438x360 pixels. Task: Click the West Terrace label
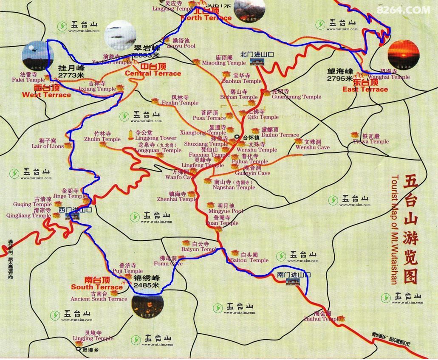tap(46, 95)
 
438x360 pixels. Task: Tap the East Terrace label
tap(365, 89)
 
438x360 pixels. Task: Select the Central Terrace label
tap(153, 73)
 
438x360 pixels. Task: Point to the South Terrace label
tap(97, 287)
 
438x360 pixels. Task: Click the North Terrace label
tap(206, 18)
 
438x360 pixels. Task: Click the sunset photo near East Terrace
tap(403, 54)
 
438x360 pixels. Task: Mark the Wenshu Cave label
tap(313, 147)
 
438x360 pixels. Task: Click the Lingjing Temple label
tap(93, 338)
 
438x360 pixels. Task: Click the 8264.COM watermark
tap(403, 9)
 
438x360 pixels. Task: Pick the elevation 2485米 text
tap(146, 285)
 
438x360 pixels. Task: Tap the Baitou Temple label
tap(249, 260)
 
